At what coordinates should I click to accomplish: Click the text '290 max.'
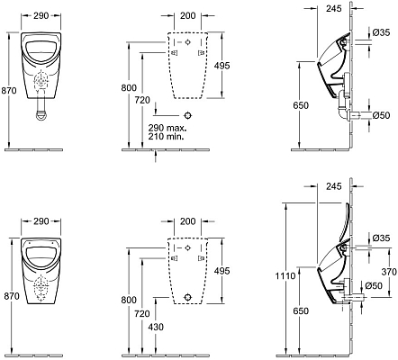(167, 128)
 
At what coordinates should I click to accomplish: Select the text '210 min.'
(166, 137)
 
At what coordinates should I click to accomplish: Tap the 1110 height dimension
(285, 275)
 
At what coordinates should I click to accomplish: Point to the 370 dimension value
(389, 272)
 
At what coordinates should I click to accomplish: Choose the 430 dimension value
(156, 327)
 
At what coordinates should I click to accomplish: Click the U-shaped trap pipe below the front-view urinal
(41, 109)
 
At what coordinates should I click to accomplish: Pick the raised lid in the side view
(345, 222)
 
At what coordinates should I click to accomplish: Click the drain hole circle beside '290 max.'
(188, 115)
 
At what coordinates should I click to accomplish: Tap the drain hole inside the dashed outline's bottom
(188, 297)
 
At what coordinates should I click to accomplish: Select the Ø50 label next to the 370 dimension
(374, 285)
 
